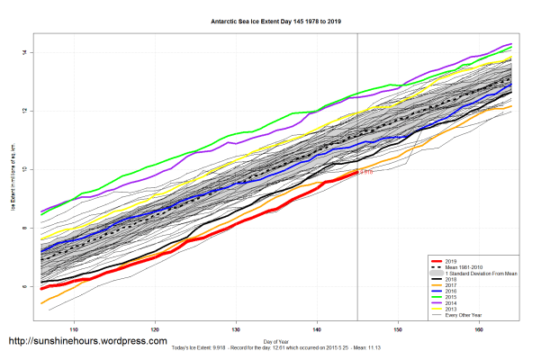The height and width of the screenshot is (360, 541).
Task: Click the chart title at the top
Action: point(270,18)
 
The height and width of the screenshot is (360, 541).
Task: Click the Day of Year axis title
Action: point(275,341)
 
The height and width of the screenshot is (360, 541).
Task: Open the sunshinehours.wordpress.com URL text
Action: point(87,342)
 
